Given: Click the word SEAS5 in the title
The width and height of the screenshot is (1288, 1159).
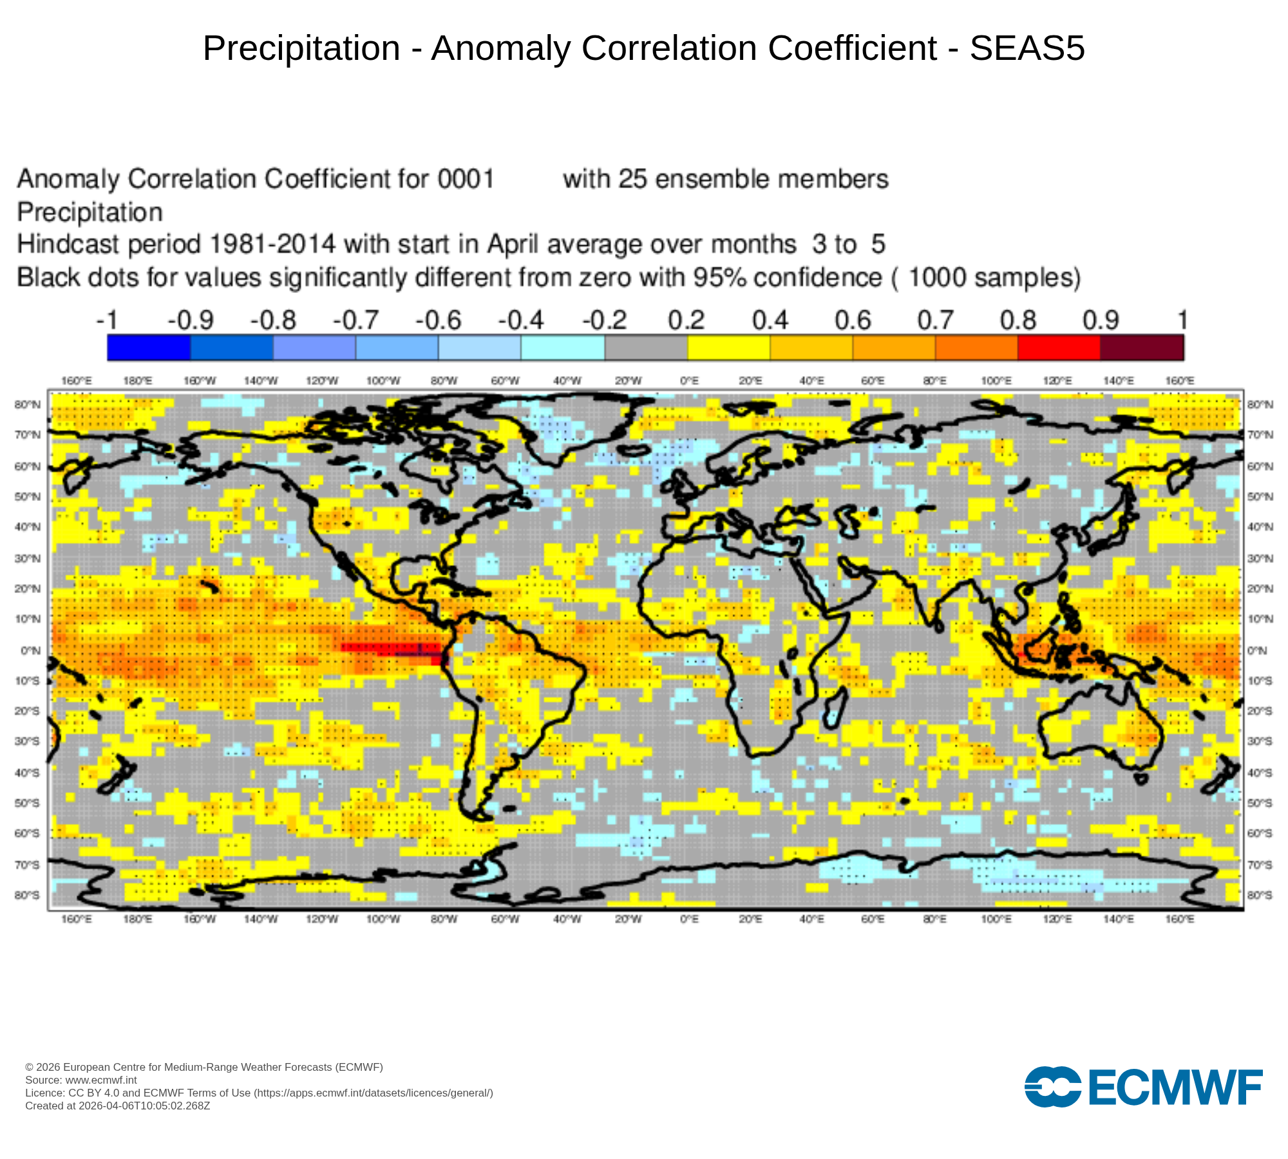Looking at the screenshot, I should pyautogui.click(x=1027, y=48).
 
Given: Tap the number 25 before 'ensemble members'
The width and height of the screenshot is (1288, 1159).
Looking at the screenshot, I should pyautogui.click(x=632, y=179).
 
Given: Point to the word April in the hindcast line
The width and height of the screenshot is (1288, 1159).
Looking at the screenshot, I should pyautogui.click(x=513, y=245).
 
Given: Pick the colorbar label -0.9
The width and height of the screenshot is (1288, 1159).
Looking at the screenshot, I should pyautogui.click(x=191, y=320).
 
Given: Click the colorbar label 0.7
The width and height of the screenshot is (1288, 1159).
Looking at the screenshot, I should pyautogui.click(x=935, y=320).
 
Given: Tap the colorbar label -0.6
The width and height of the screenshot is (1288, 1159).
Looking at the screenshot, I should pyautogui.click(x=439, y=320).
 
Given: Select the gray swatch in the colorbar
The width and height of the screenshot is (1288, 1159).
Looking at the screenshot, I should pyautogui.click(x=646, y=348).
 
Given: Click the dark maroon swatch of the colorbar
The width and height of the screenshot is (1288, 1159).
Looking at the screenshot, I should pyautogui.click(x=1142, y=348).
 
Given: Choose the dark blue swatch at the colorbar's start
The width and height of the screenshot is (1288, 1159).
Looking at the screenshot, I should pyautogui.click(x=149, y=348).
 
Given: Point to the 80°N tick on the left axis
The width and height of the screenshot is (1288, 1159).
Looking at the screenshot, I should pyautogui.click(x=27, y=404).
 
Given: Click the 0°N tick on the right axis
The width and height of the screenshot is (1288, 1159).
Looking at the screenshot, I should pyautogui.click(x=1258, y=650).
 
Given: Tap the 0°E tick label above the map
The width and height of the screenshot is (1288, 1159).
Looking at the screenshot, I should pyautogui.click(x=690, y=381).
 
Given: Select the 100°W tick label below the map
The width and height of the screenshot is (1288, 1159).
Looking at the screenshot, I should pyautogui.click(x=383, y=919).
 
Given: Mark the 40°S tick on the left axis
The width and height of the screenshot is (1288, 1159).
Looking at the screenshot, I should pyautogui.click(x=27, y=772).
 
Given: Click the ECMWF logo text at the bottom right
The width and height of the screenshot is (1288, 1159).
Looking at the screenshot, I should pyautogui.click(x=1176, y=1088).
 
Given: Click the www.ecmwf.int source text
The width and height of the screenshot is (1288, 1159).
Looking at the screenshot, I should pyautogui.click(x=101, y=1080).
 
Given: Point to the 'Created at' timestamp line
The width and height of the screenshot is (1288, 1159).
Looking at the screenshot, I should pyautogui.click(x=118, y=1106).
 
